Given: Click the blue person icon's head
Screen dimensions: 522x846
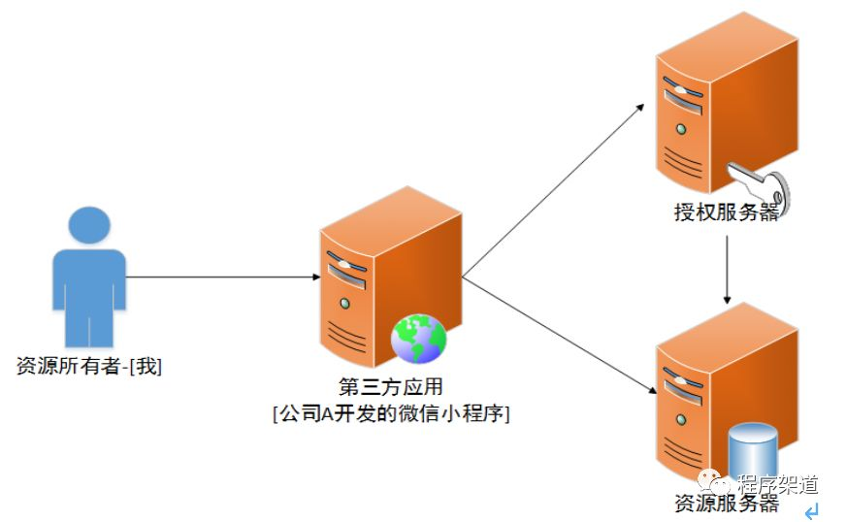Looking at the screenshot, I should coord(88,225).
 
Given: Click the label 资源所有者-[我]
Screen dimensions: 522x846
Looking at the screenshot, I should coord(89,367).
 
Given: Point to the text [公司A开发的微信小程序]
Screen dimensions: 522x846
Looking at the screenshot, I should coord(392,413).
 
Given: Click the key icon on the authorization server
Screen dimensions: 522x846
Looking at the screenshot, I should coord(762,184).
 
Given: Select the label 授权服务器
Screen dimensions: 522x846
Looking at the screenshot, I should coord(727,212).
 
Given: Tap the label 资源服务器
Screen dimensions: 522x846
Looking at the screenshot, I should coord(727,503).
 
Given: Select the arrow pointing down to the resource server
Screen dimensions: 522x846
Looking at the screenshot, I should coord(558,336).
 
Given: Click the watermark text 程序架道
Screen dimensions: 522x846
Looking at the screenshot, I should coord(777,483).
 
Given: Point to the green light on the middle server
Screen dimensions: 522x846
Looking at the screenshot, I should coord(342,302).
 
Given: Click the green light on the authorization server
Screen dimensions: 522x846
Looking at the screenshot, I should coord(681,127).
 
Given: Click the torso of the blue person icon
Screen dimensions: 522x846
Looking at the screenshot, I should coord(88,291).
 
